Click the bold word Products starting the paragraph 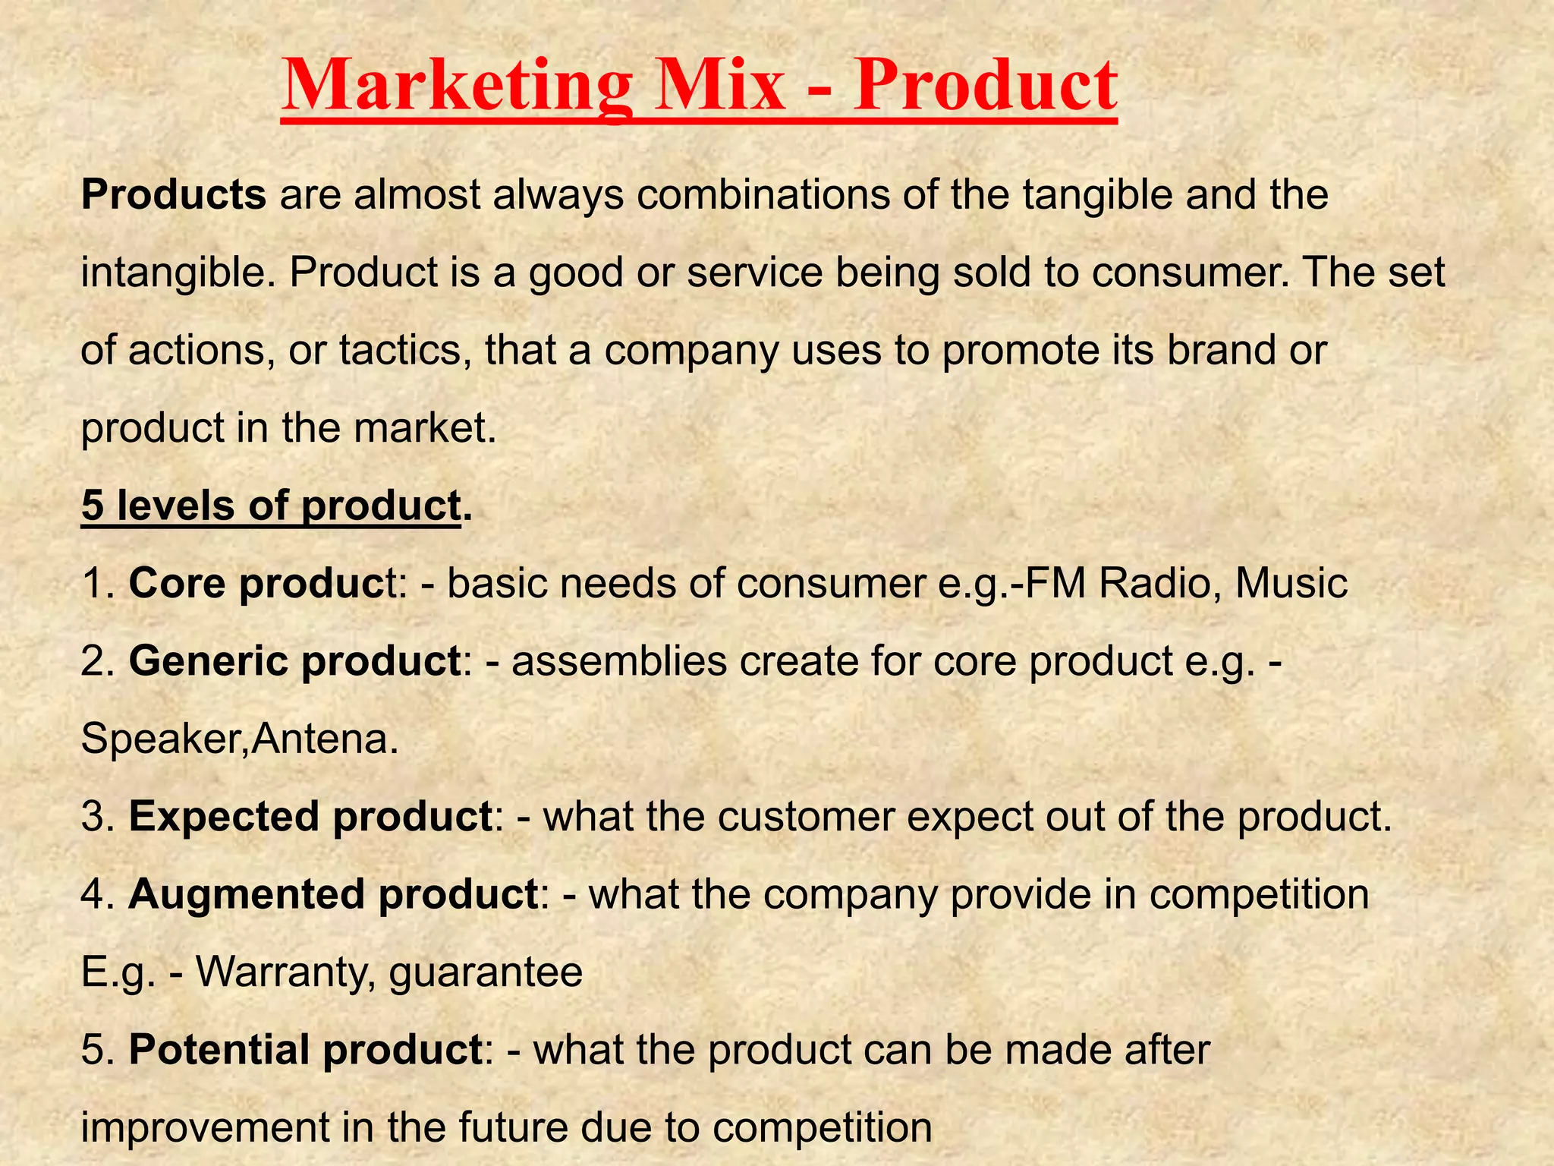[x=174, y=194]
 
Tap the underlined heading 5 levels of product [x=271, y=506]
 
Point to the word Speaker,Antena [x=239, y=739]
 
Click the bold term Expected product [x=310, y=817]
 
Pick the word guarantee [x=486, y=974]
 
